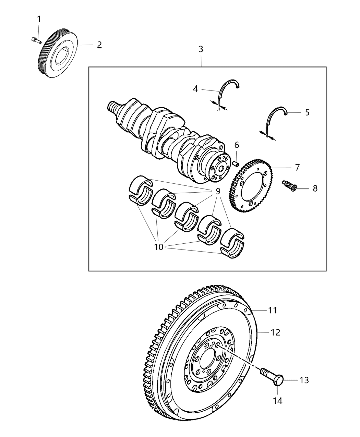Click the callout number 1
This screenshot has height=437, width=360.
pyautogui.click(x=39, y=19)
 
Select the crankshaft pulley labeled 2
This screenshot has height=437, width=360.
pyautogui.click(x=58, y=55)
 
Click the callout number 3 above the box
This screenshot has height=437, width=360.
pyautogui.click(x=201, y=49)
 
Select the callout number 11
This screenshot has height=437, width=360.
pyautogui.click(x=273, y=310)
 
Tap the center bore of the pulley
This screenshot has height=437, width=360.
pyautogui.click(x=62, y=56)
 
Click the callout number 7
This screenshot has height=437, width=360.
pyautogui.click(x=297, y=168)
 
